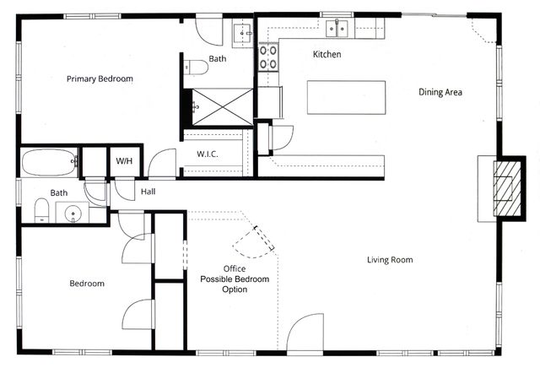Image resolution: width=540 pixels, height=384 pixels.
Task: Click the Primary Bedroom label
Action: [100, 78]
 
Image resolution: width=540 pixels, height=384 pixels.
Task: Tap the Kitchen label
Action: [327, 54]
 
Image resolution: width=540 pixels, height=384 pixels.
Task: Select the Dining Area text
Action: [440, 92]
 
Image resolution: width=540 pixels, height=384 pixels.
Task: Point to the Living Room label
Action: [390, 260]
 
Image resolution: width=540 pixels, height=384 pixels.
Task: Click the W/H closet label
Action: [124, 160]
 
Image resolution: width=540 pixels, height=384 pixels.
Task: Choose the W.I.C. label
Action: [208, 154]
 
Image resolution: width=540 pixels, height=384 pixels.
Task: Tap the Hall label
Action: [148, 192]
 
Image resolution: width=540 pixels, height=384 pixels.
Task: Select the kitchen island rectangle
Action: [346, 97]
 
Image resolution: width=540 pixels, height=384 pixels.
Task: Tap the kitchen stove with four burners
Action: [268, 57]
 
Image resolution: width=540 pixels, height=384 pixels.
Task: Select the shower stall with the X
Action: [217, 105]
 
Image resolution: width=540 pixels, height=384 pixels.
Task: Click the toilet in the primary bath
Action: [196, 67]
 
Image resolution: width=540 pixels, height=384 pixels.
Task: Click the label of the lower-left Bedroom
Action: [87, 284]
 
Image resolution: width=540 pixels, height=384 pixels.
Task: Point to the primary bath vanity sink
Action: [240, 33]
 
